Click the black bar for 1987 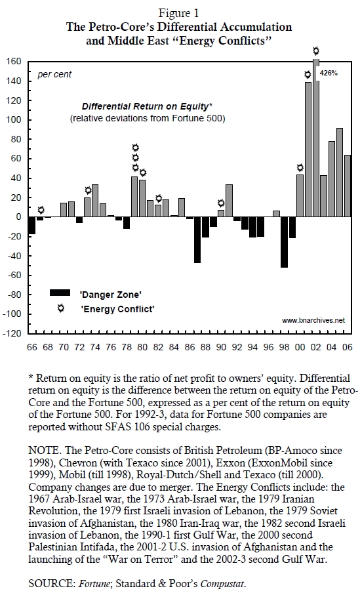tap(197, 240)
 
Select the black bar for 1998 tap(285, 242)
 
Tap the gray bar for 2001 tap(308, 150)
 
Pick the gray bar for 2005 tap(340, 173)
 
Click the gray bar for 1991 tap(229, 201)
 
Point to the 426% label tap(329, 73)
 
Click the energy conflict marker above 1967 tap(41, 210)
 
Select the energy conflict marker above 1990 tap(221, 203)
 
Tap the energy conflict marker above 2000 tap(300, 167)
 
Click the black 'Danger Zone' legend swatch tap(60, 293)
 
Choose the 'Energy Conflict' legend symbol tap(60, 308)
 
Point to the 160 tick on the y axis tap(13, 61)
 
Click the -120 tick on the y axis tap(12, 333)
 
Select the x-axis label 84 tap(174, 347)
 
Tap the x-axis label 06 tap(347, 347)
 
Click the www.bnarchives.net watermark tap(313, 320)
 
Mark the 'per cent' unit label tap(54, 74)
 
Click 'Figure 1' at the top tap(178, 13)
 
